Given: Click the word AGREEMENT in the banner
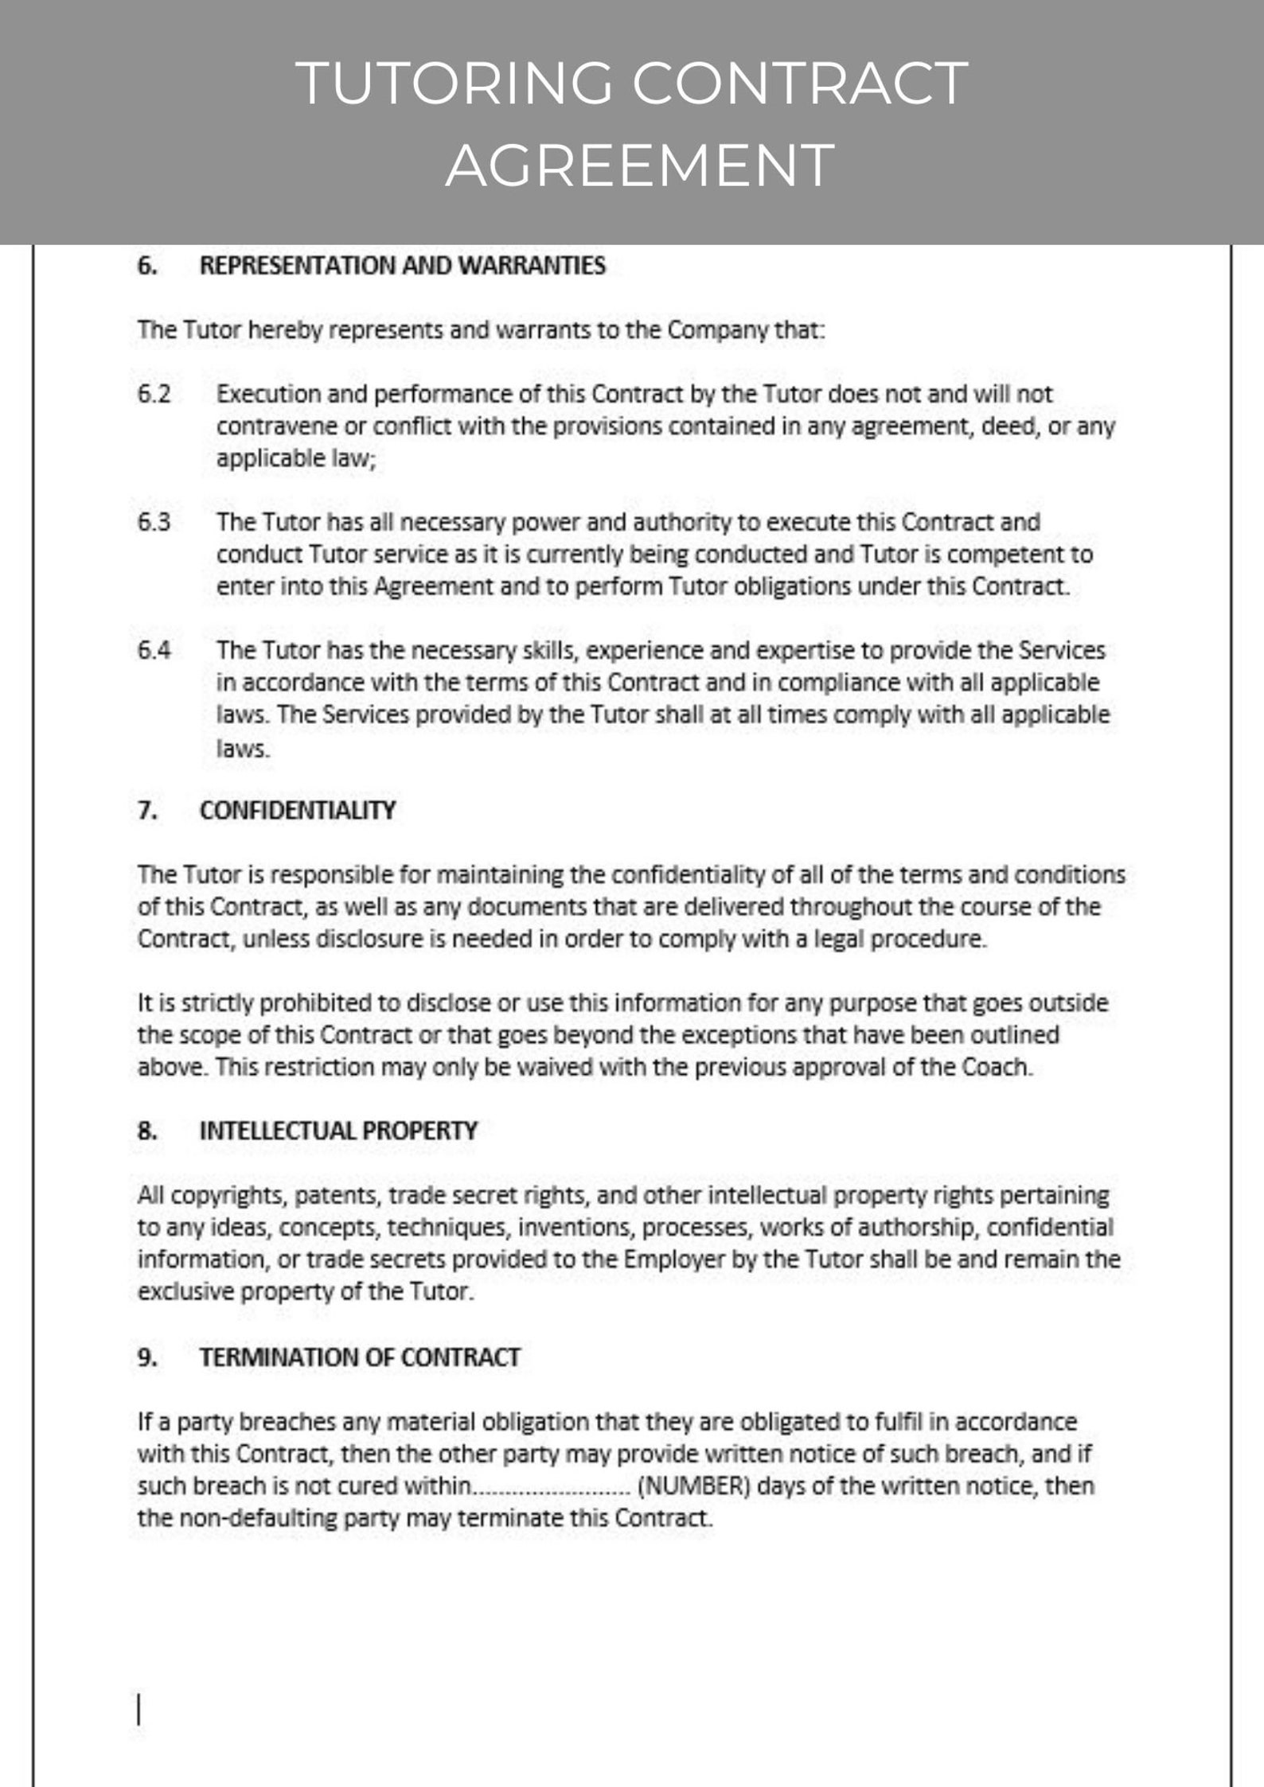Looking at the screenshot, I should point(639,165).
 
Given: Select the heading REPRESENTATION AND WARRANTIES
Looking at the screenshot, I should point(402,266).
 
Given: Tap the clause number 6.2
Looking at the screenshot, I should point(154,395).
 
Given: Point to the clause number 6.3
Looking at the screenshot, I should point(154,523).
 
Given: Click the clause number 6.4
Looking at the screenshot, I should point(154,651).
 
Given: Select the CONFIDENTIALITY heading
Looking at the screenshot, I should point(297,811).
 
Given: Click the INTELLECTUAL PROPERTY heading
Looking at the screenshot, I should point(338,1131).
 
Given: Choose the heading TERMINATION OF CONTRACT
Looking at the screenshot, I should point(360,1357).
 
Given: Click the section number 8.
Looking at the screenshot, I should point(146,1131).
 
